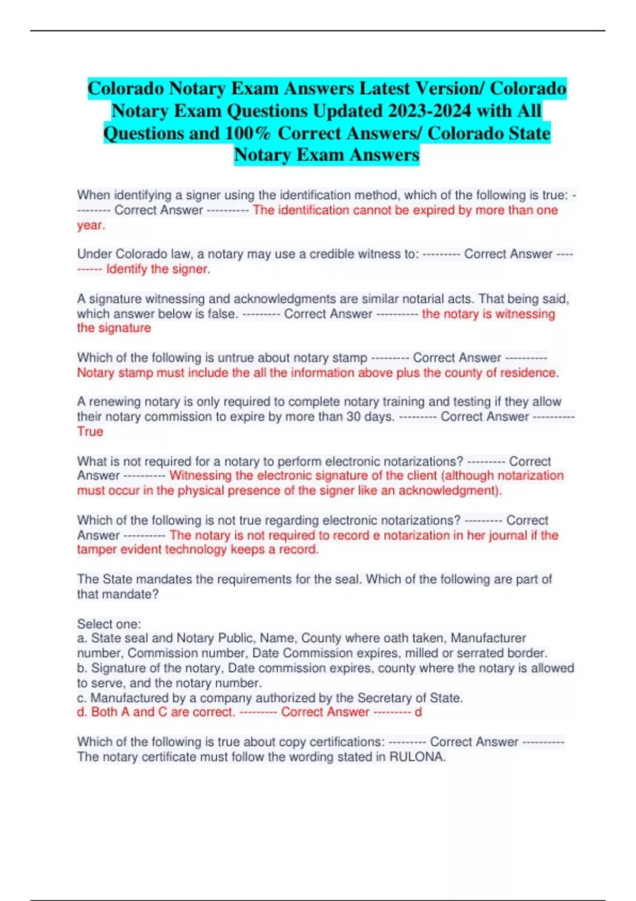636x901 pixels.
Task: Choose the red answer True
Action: click(x=90, y=431)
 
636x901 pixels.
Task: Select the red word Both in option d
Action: click(x=104, y=712)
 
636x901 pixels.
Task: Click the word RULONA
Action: click(x=416, y=757)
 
